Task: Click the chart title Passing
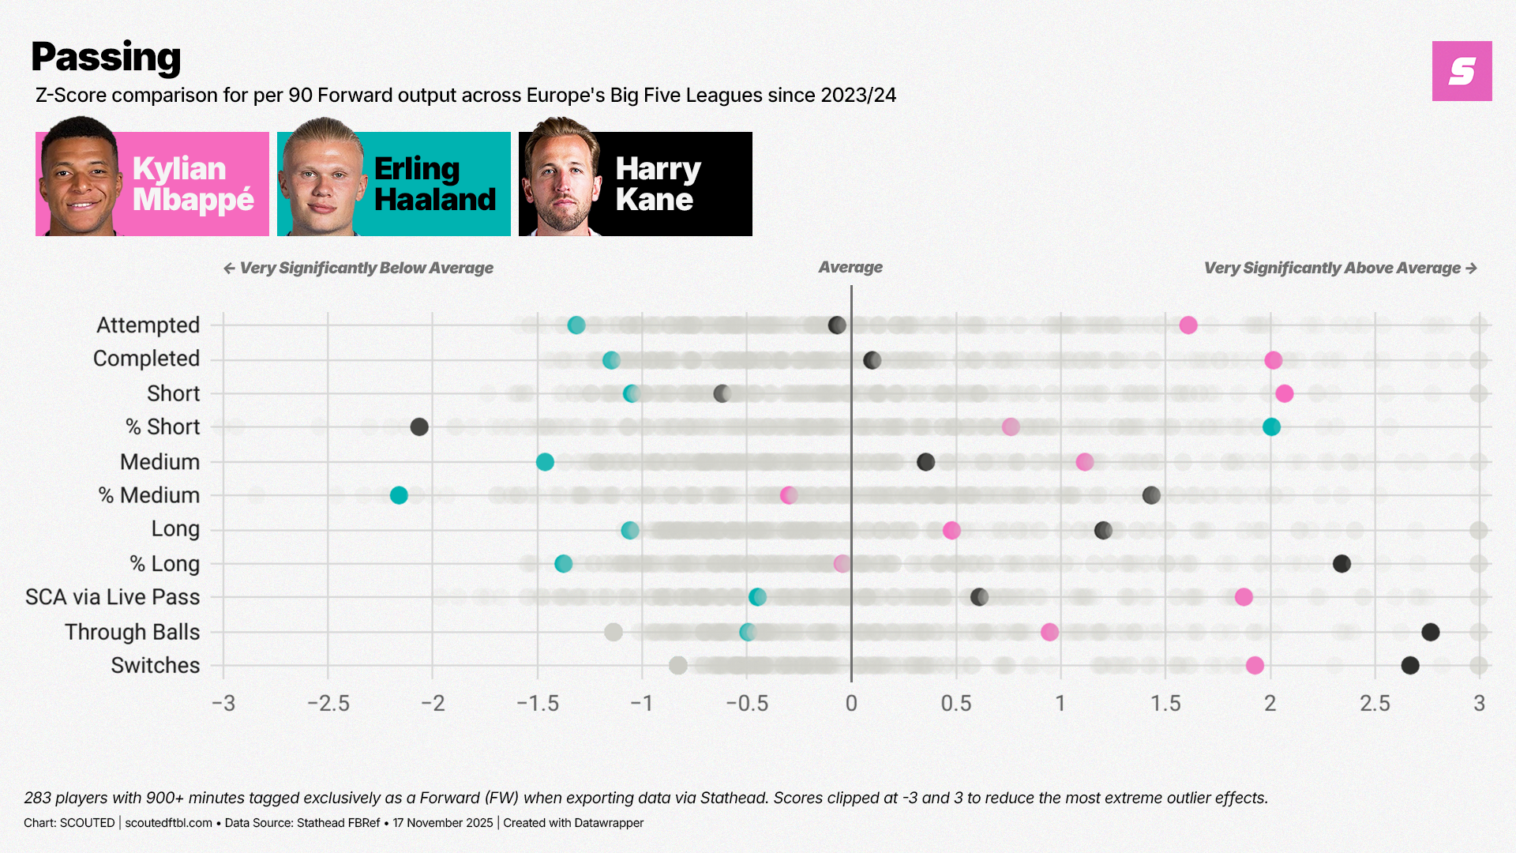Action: [x=106, y=57]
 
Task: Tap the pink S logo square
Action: [x=1462, y=71]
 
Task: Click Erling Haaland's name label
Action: [x=434, y=184]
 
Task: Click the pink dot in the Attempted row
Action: [x=1188, y=325]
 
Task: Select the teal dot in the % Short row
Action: [x=1271, y=427]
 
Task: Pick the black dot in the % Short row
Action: [x=419, y=427]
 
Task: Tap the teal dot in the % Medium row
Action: [x=399, y=495]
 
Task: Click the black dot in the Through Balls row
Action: [x=1430, y=632]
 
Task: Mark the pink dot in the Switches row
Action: [x=1255, y=666]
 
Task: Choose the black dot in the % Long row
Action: [x=1342, y=564]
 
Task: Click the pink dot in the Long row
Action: [x=951, y=530]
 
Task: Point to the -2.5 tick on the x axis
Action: [x=328, y=703]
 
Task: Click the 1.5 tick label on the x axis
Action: [x=1165, y=703]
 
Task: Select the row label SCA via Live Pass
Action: [x=112, y=597]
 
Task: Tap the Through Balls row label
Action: [x=132, y=632]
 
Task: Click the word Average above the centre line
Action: [x=850, y=267]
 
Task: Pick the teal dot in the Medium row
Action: [x=545, y=462]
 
